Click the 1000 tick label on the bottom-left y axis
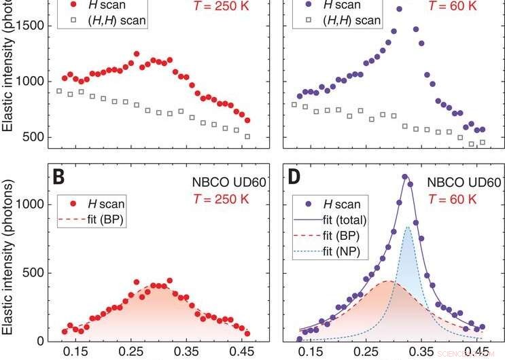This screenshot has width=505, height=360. point(31,204)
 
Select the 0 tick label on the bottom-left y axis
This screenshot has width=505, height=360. point(43,341)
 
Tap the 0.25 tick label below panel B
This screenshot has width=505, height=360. point(135,353)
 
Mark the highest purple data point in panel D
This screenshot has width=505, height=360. point(405,177)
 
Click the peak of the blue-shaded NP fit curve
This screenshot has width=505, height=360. point(407,227)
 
